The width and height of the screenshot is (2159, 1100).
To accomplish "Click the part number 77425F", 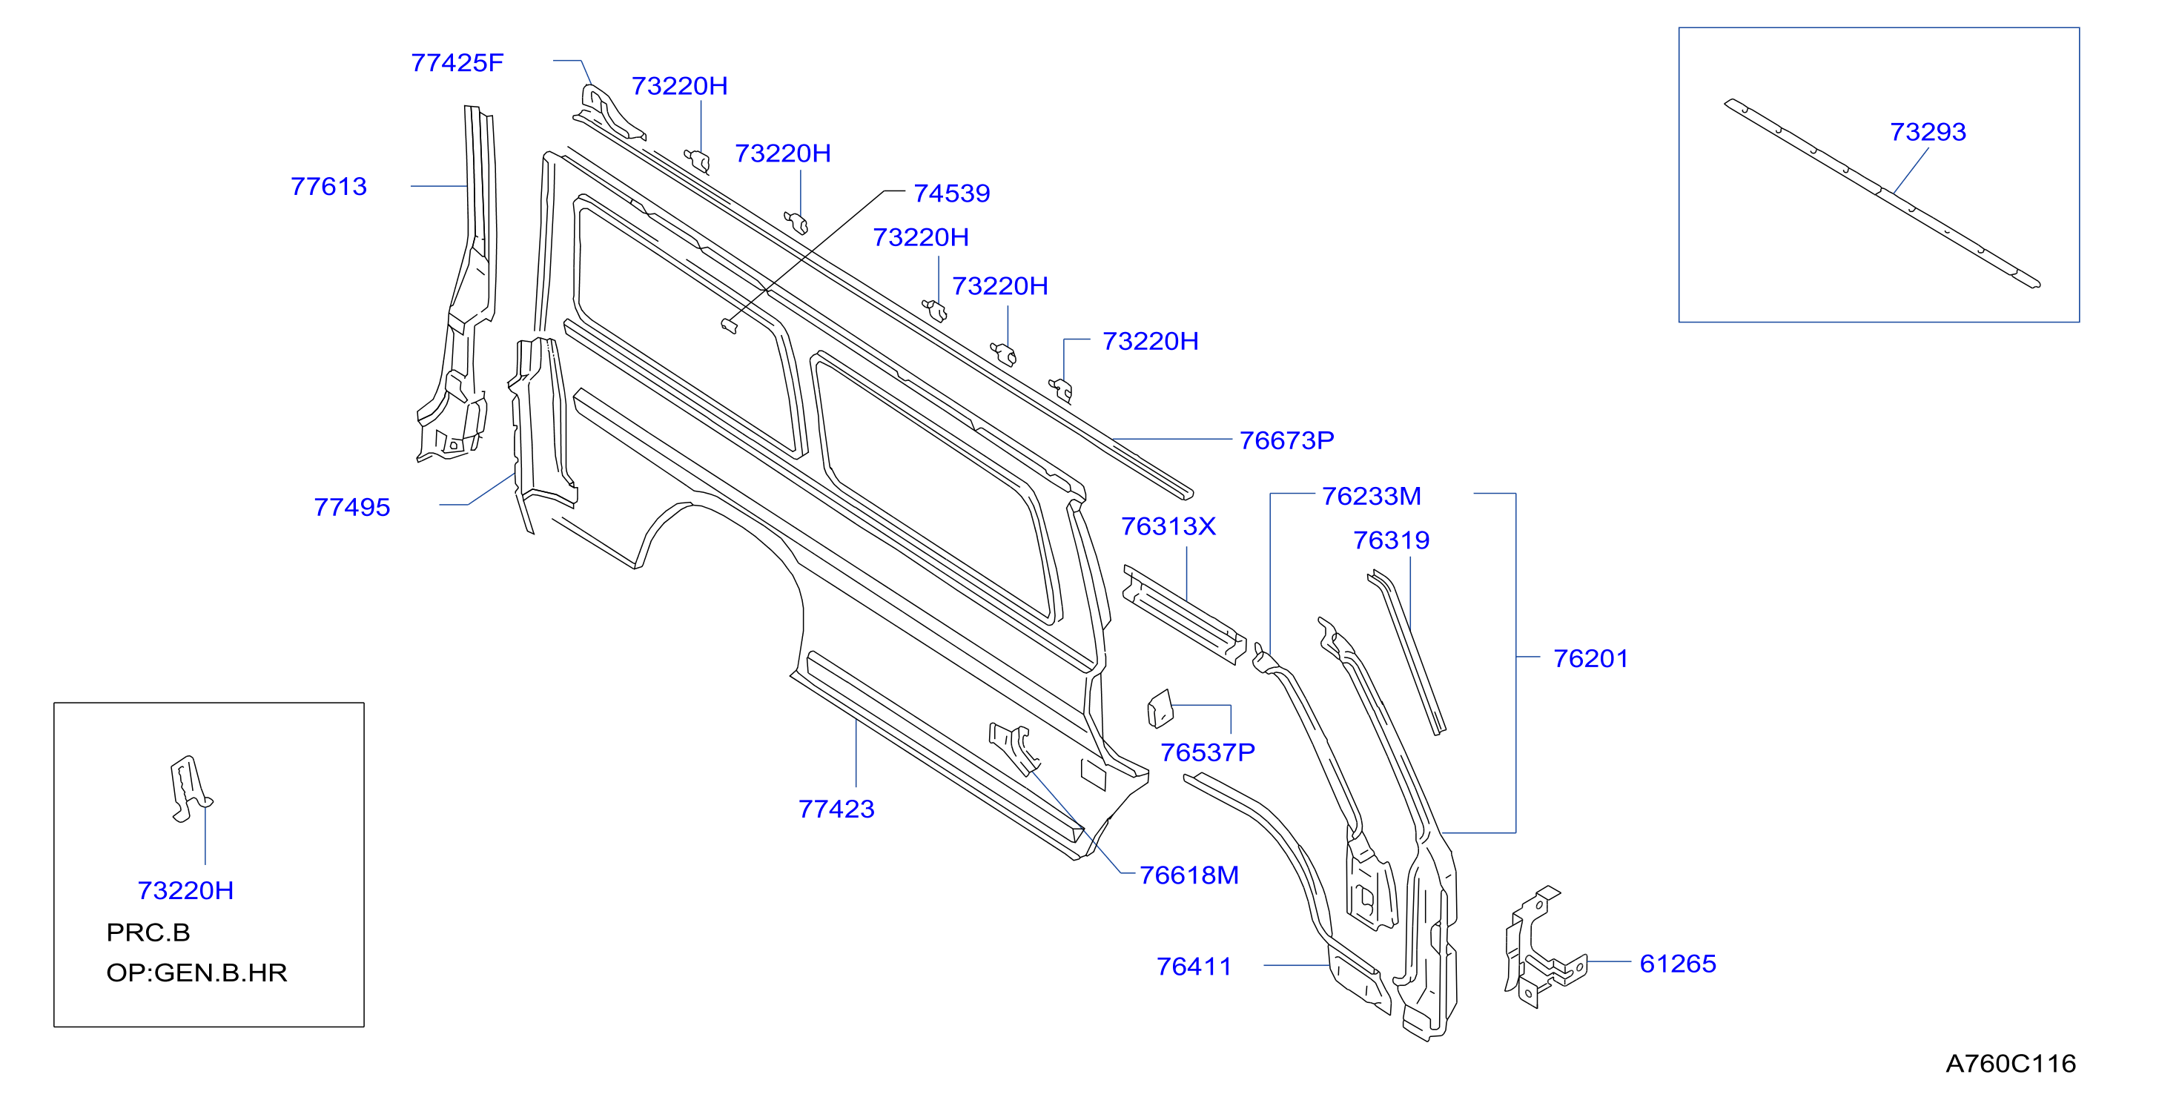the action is (x=457, y=63).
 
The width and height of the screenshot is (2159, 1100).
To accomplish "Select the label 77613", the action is (x=328, y=186).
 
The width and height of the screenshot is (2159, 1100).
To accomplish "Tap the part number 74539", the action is (x=951, y=193).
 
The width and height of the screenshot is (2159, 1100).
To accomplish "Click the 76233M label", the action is (x=1371, y=496).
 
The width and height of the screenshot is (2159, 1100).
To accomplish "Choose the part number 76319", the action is (x=1392, y=540).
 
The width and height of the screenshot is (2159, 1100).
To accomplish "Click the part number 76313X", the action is (x=1168, y=526).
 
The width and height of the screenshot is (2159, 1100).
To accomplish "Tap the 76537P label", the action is (x=1208, y=752).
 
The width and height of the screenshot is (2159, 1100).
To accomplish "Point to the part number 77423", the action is (x=836, y=809).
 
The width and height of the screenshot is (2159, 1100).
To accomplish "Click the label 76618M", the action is (x=1188, y=875).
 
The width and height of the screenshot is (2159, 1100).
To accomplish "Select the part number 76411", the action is (x=1194, y=967).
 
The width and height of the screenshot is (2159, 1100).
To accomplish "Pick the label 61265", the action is (x=1678, y=964).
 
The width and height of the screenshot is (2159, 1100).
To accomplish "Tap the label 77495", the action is (x=352, y=508).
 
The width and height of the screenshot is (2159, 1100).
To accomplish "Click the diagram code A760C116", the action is (x=2011, y=1064).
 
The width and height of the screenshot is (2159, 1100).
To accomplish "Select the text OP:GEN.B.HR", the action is (x=197, y=973).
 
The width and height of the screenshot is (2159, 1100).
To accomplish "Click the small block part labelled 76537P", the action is (x=1160, y=709).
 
